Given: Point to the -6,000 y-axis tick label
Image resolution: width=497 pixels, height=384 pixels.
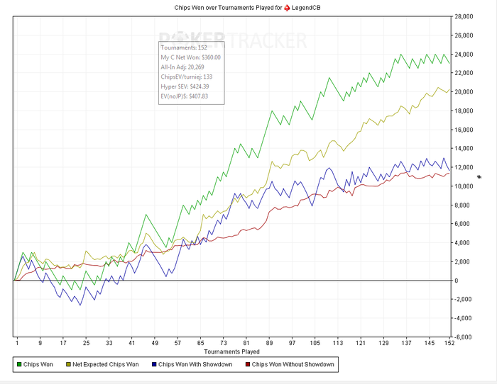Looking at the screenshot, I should point(464,337).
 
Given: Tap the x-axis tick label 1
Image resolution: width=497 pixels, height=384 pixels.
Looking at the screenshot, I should point(16,343).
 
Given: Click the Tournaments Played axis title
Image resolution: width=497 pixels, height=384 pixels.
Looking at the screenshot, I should point(232,351).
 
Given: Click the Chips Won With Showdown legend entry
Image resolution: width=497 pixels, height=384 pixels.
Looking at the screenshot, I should point(193,365).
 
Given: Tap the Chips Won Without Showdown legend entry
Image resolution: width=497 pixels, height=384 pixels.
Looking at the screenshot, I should point(289,365).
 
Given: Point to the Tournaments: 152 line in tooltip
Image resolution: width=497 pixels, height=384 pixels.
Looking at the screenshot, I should point(184,47).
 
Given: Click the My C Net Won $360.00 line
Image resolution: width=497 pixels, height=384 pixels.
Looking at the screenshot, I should point(190,57).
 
